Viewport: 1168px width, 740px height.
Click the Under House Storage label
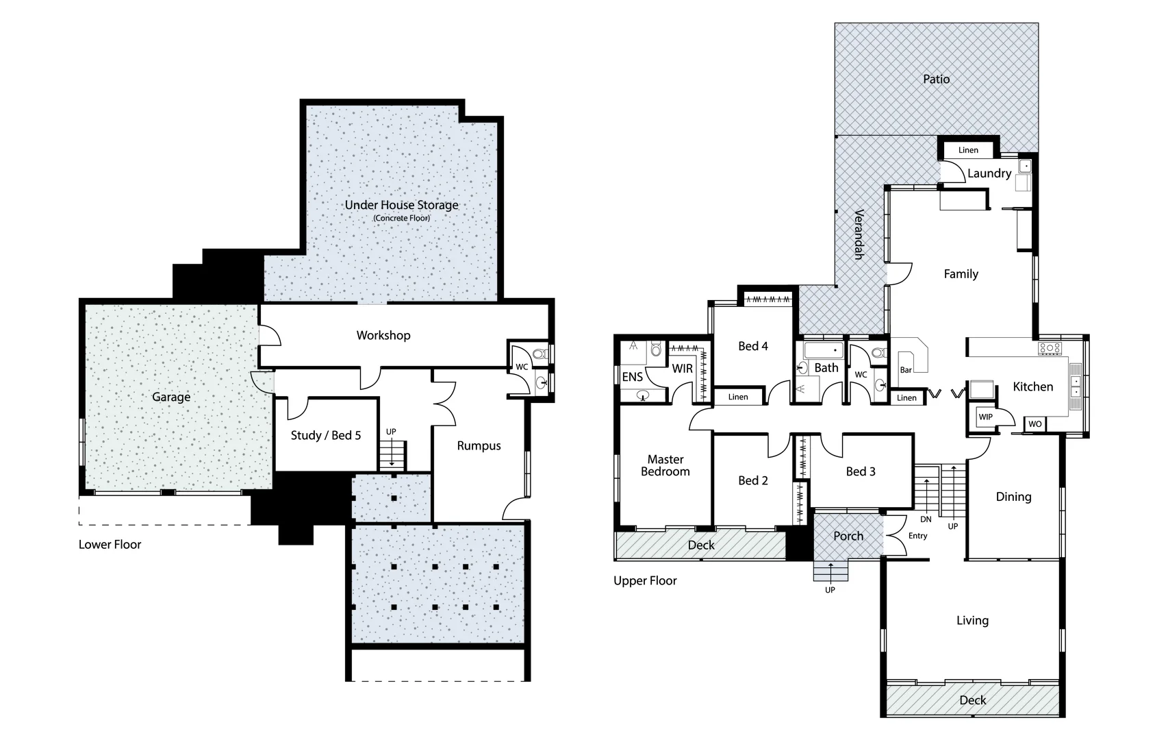tap(401, 205)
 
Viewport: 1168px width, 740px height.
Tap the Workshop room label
tap(383, 335)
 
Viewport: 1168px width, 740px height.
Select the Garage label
tap(171, 397)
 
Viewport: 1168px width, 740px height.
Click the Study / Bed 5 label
tap(325, 435)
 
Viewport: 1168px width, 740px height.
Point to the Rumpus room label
tap(479, 445)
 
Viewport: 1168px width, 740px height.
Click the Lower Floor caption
tap(110, 545)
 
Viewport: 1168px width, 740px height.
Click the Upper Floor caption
tap(645, 580)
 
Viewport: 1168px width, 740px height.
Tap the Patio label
tap(936, 79)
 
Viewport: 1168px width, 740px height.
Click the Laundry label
tap(989, 173)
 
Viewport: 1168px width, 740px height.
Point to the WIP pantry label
tap(985, 417)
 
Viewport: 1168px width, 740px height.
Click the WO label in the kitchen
tap(1034, 424)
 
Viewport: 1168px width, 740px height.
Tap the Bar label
tap(906, 370)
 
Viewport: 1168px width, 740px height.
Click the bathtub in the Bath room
tap(824, 351)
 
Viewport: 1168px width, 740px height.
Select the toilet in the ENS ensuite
tap(656, 351)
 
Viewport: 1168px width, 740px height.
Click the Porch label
tap(848, 536)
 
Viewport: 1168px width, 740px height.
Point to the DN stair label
tap(926, 519)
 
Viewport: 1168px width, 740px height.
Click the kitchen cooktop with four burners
tap(1050, 348)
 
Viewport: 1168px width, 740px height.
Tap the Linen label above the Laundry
tap(968, 150)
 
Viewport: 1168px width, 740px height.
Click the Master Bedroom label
tap(665, 465)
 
